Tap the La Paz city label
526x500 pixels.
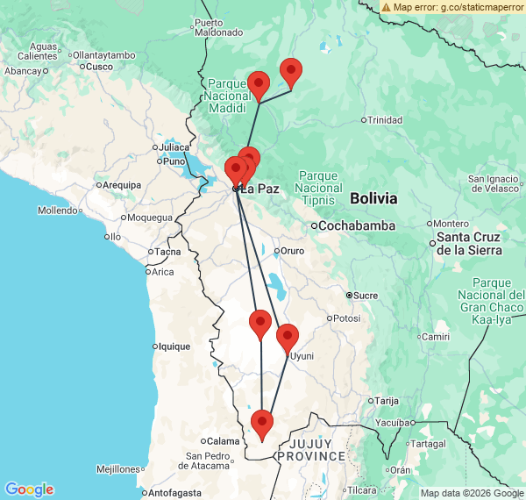point(259,189)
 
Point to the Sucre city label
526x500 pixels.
point(365,296)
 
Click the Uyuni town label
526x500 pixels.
point(302,356)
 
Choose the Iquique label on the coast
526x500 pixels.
point(172,346)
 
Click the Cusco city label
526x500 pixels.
point(99,67)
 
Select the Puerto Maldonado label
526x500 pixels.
point(218,27)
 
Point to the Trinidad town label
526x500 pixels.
point(384,119)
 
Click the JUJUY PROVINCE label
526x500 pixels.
point(311,449)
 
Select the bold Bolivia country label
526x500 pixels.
point(373,198)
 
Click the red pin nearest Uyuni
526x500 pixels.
point(288,338)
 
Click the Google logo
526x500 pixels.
point(29,489)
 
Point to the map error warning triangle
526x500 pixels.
point(386,6)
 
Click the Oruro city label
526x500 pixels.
point(291,252)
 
